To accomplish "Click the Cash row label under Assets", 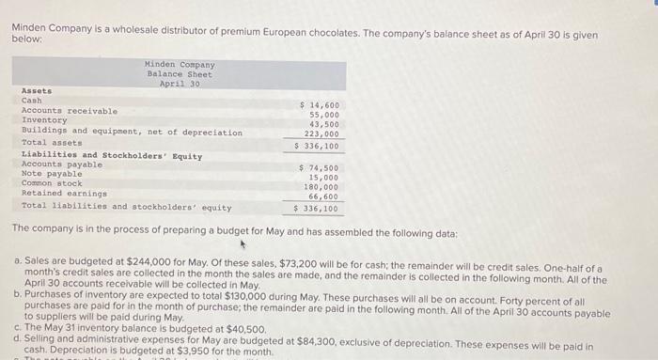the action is [x=31, y=100].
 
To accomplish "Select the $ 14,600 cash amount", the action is [x=319, y=104].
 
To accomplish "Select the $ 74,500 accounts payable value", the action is [x=319, y=167].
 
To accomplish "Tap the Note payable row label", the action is [x=51, y=174].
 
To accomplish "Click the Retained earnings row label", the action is [x=63, y=194].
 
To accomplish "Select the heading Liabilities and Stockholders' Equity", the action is [x=111, y=155].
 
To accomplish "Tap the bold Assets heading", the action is [x=36, y=90].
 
